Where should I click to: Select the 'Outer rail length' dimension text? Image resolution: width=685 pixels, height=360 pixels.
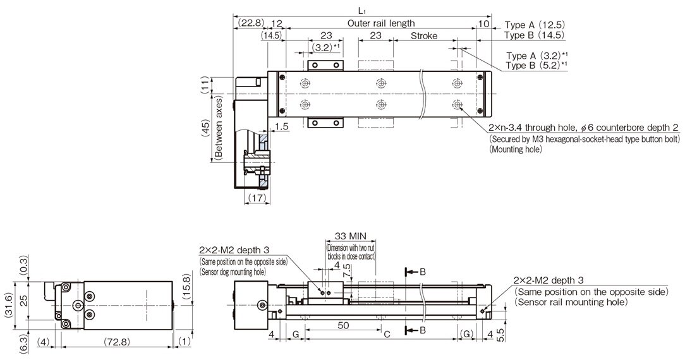(x=381, y=23)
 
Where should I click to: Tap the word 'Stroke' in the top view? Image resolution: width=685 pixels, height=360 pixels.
(x=423, y=36)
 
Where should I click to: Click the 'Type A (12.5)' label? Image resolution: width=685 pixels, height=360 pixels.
(x=534, y=25)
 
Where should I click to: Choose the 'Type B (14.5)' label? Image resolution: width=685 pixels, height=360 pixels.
(x=534, y=35)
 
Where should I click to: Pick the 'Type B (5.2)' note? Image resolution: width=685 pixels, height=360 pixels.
(x=536, y=65)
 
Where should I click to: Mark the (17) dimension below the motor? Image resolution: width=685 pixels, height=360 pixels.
(x=256, y=198)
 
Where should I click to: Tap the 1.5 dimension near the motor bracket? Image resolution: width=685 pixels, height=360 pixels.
(x=282, y=127)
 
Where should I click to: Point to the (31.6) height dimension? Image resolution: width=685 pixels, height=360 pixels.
(x=8, y=305)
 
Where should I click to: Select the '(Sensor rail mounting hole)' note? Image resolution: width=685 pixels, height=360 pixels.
(x=571, y=302)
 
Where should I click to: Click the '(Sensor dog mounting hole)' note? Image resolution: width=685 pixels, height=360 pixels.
(x=232, y=271)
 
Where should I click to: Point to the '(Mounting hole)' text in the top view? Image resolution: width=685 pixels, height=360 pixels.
(x=515, y=149)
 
